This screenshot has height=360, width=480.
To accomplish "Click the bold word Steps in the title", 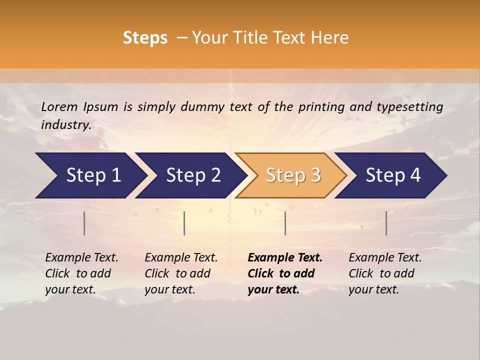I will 145,38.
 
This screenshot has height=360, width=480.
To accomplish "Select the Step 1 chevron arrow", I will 90,175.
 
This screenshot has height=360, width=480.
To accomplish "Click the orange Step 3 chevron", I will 291,175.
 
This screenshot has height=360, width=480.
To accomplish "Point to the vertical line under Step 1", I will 84,223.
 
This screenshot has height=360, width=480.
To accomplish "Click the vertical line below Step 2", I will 184,223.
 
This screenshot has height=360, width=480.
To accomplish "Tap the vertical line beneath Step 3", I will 285,223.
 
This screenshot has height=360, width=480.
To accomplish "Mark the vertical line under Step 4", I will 386,223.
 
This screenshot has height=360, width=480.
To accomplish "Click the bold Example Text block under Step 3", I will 284,273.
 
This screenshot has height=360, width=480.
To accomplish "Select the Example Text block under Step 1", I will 81,273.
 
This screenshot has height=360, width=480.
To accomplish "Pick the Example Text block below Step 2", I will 181,273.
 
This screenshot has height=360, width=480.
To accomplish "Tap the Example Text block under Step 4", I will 385,273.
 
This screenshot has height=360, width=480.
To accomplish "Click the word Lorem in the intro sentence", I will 59,107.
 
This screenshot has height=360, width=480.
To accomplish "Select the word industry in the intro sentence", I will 66,124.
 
